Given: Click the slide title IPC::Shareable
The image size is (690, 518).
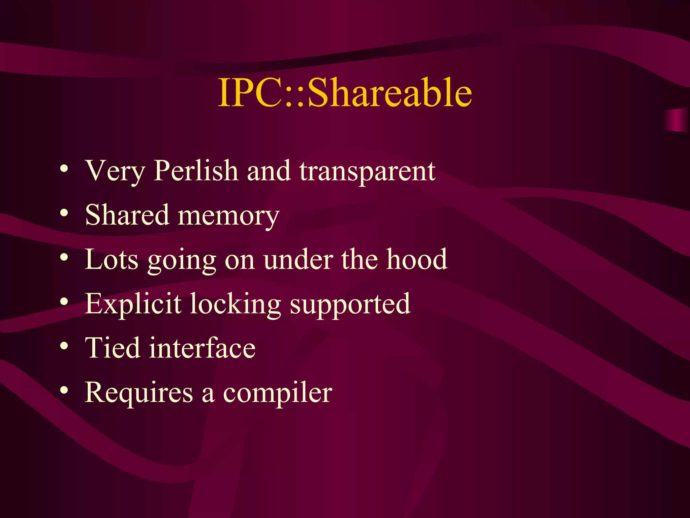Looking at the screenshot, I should coord(345,92).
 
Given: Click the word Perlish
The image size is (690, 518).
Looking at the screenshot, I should coord(196,171).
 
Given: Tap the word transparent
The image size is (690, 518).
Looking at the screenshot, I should coord(367,171).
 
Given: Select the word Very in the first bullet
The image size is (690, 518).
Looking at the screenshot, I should coord(115,171).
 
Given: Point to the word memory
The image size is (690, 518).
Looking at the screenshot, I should coord(228,216).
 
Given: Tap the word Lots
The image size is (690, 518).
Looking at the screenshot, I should coord(112,259).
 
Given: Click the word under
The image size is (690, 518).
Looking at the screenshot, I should coord(298,259).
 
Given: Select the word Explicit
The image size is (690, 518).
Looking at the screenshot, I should coord(133,304).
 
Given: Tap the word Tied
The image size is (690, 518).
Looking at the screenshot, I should coord(113,348).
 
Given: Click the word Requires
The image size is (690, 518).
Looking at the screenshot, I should coord(139,393).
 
